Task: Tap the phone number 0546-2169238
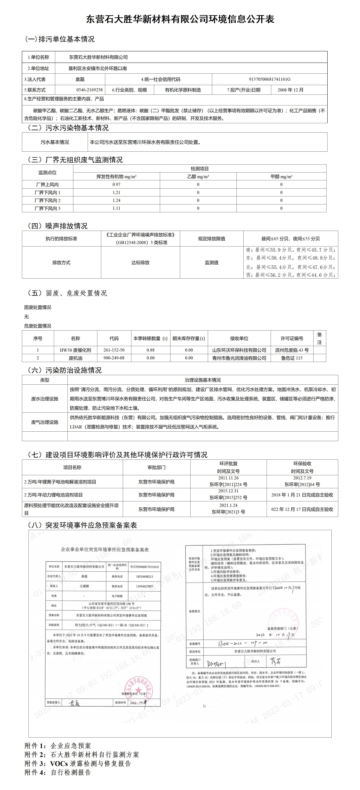point(89,90)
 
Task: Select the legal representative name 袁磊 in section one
point(80,79)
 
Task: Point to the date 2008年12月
point(290,90)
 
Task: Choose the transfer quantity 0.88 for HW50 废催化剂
point(151,350)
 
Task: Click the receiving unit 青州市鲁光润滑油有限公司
point(239,358)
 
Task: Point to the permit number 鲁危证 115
point(292,358)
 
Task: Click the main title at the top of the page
point(180,19)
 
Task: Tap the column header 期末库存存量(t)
point(189,338)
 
